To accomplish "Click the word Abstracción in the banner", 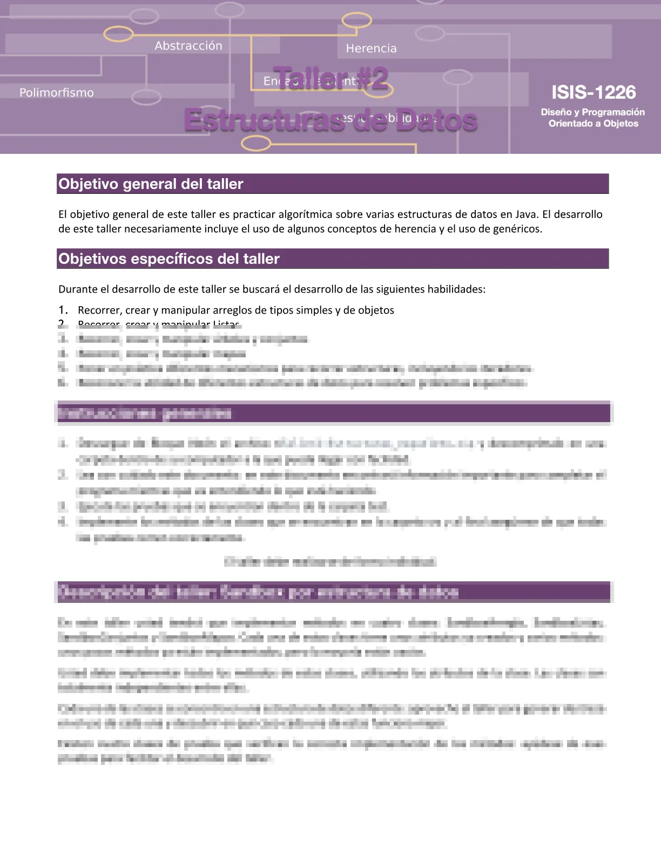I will pos(188,46).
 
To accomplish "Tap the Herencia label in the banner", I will pos(371,49).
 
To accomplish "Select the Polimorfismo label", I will pos(57,93).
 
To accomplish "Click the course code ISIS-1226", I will pos(593,92).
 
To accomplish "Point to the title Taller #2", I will pos(330,79).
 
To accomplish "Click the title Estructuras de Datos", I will pos(330,120).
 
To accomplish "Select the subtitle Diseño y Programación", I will pos(593,112).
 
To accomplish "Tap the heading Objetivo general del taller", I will pos(151,184).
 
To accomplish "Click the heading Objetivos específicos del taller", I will pos(169,259).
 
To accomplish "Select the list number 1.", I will pos(63,310).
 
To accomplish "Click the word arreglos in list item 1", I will pos(232,310).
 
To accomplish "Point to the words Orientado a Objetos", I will pos(593,124).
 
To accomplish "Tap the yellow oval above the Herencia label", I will pos(357,21).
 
